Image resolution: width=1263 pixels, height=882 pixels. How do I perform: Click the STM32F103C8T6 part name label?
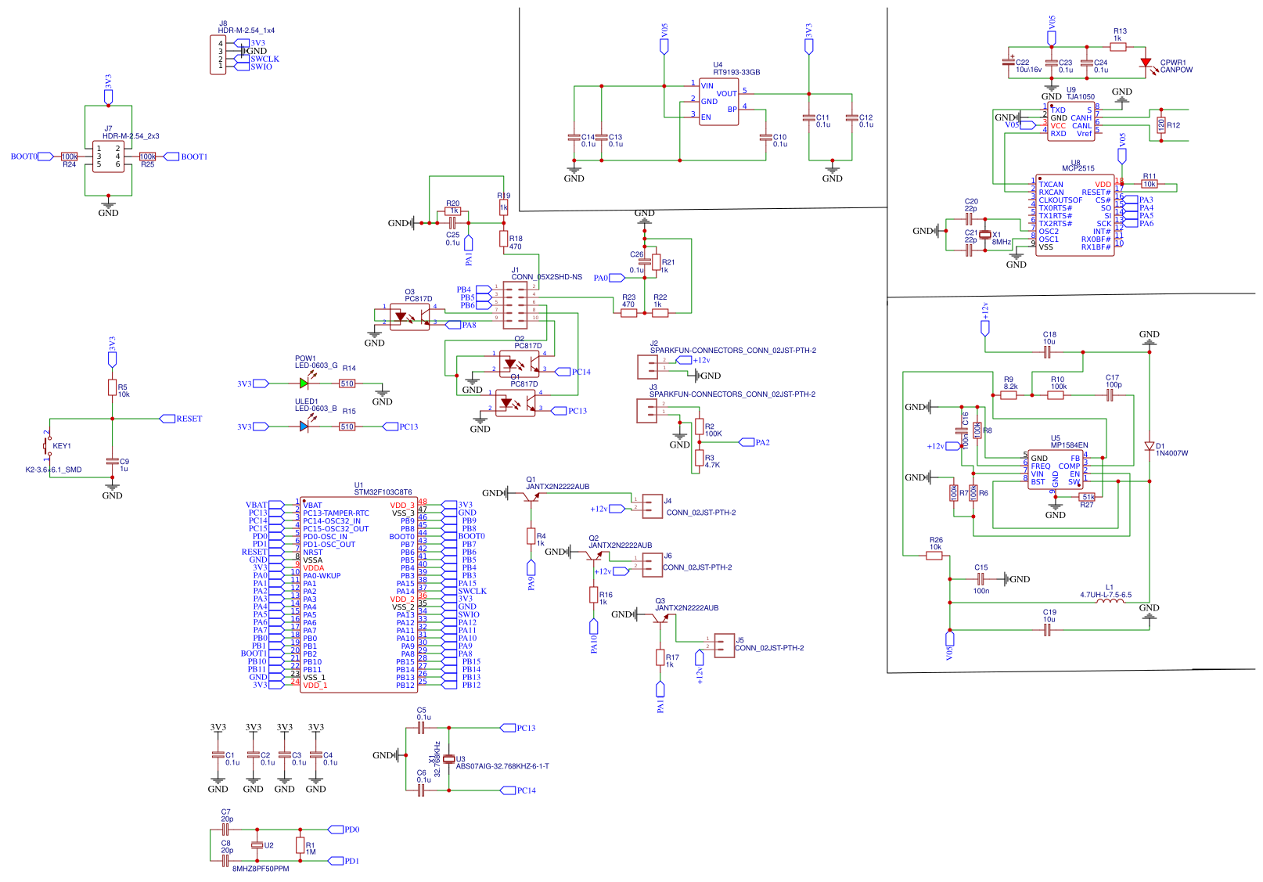383,492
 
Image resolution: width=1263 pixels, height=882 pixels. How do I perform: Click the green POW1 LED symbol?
304,383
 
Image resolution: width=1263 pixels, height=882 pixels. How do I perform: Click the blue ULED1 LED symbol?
304,427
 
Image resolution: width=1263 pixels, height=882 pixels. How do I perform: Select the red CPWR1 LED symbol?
1146,63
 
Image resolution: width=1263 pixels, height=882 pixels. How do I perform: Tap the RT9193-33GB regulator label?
736,72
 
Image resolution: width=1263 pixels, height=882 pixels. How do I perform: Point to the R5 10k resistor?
112,387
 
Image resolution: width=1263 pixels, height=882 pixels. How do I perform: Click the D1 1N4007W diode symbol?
1149,446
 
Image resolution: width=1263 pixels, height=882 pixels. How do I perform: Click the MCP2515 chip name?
1078,168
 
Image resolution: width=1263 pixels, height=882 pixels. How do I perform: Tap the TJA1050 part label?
1081,97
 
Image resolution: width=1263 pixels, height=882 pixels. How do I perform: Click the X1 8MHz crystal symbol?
985,235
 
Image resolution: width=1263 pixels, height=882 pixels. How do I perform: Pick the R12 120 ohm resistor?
1160,124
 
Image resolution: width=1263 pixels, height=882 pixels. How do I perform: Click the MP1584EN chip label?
1069,445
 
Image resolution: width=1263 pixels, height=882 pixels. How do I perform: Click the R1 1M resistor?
300,845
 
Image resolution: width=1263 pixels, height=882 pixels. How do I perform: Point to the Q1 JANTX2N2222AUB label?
557,487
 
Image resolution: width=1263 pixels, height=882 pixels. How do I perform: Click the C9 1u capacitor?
112,462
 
